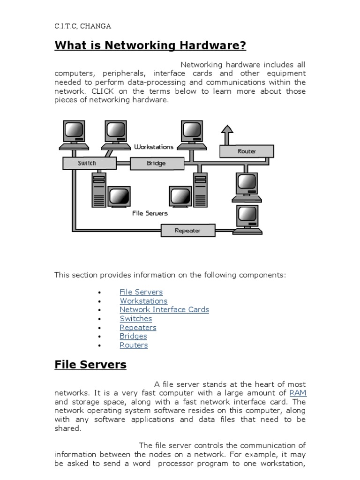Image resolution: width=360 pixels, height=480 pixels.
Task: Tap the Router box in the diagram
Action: (247, 151)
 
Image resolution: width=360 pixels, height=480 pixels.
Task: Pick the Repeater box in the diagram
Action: (187, 231)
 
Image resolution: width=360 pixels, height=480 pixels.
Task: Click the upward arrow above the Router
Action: (227, 134)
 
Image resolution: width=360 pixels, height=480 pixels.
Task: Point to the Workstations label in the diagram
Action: (153, 147)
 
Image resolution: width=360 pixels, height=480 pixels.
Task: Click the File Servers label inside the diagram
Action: (150, 213)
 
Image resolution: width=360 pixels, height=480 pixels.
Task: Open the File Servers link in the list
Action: (141, 292)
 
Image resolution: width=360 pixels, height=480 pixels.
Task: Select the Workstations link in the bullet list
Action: (143, 301)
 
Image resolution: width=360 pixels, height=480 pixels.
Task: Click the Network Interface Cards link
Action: (164, 310)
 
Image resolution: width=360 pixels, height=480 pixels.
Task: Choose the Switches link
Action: (136, 319)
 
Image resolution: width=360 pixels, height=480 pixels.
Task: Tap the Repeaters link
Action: (138, 328)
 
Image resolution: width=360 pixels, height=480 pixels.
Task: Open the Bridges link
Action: (133, 336)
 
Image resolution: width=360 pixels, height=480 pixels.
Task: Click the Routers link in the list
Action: (134, 345)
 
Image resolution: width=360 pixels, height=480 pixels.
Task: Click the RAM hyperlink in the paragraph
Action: (298, 393)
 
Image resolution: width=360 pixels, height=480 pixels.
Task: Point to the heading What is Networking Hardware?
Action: (150, 45)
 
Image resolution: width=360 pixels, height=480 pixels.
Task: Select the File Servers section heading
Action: (90, 364)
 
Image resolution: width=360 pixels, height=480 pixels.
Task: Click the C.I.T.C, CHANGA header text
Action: (83, 26)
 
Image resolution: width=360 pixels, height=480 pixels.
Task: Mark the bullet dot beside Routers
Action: (99, 345)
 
